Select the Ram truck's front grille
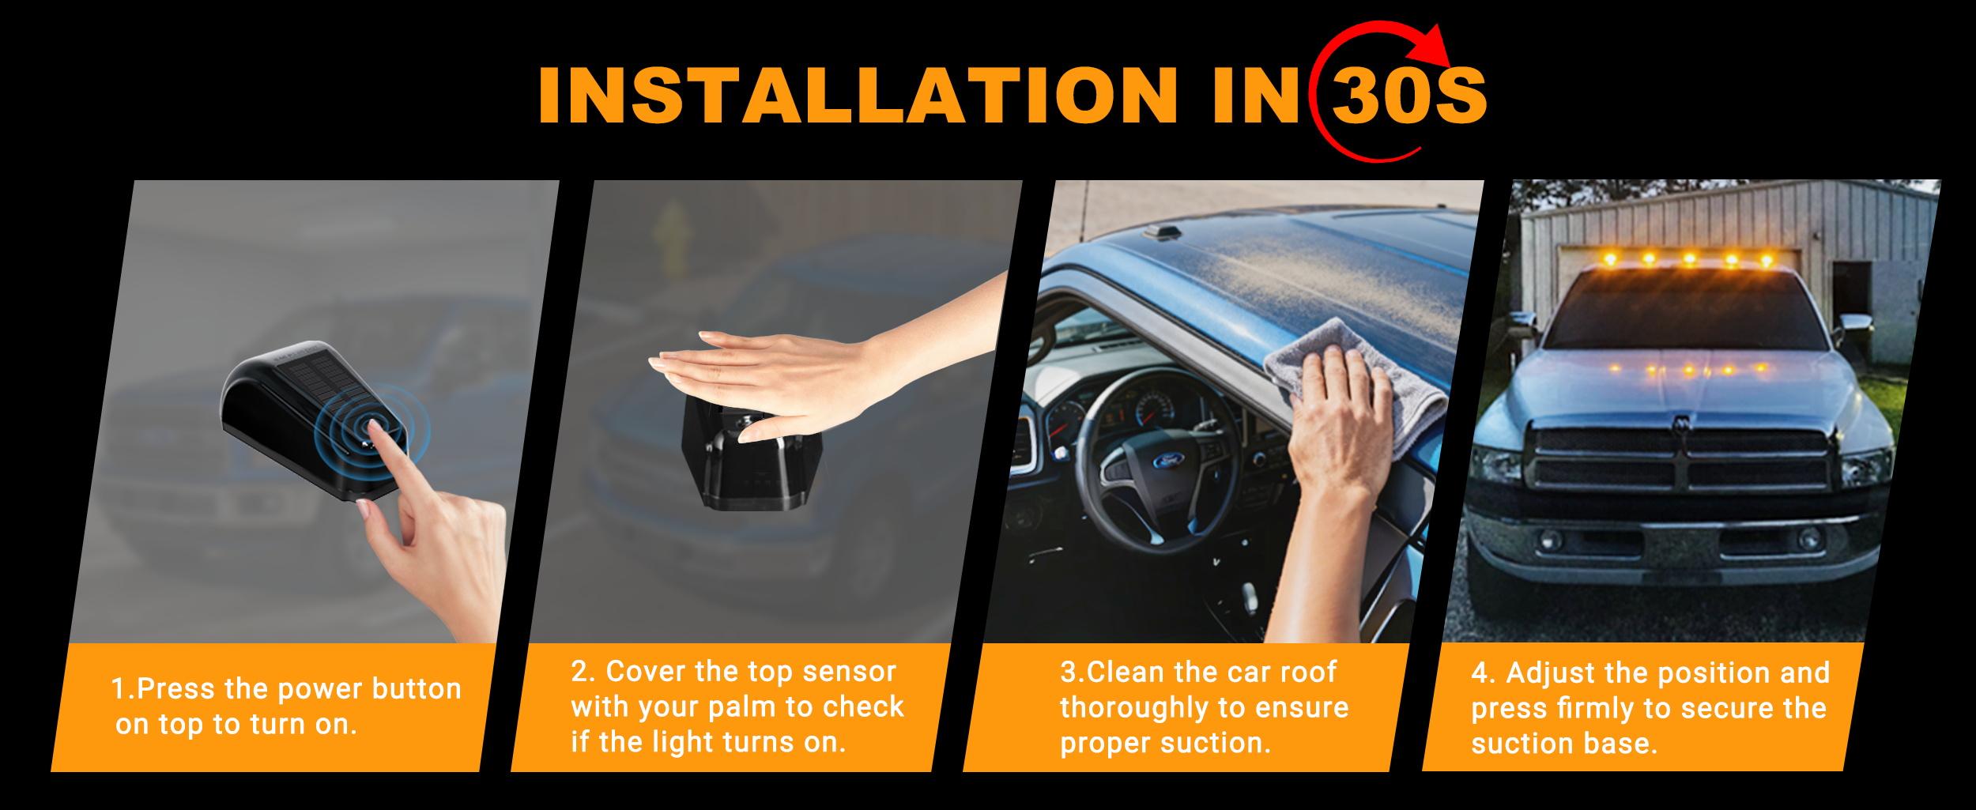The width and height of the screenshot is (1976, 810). tap(1684, 462)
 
